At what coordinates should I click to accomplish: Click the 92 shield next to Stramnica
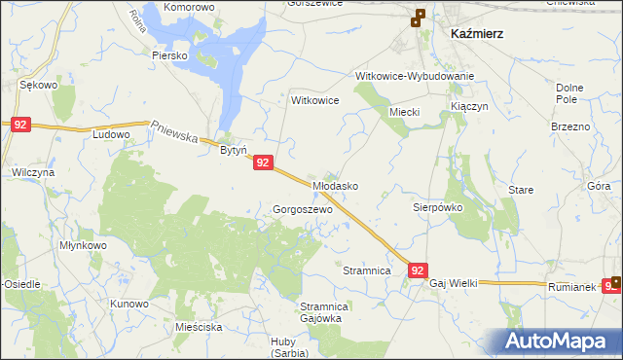[418, 270]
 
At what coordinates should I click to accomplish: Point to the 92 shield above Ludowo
[21, 125]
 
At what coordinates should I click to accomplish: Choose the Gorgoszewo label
[303, 209]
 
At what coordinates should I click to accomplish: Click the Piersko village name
[169, 55]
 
